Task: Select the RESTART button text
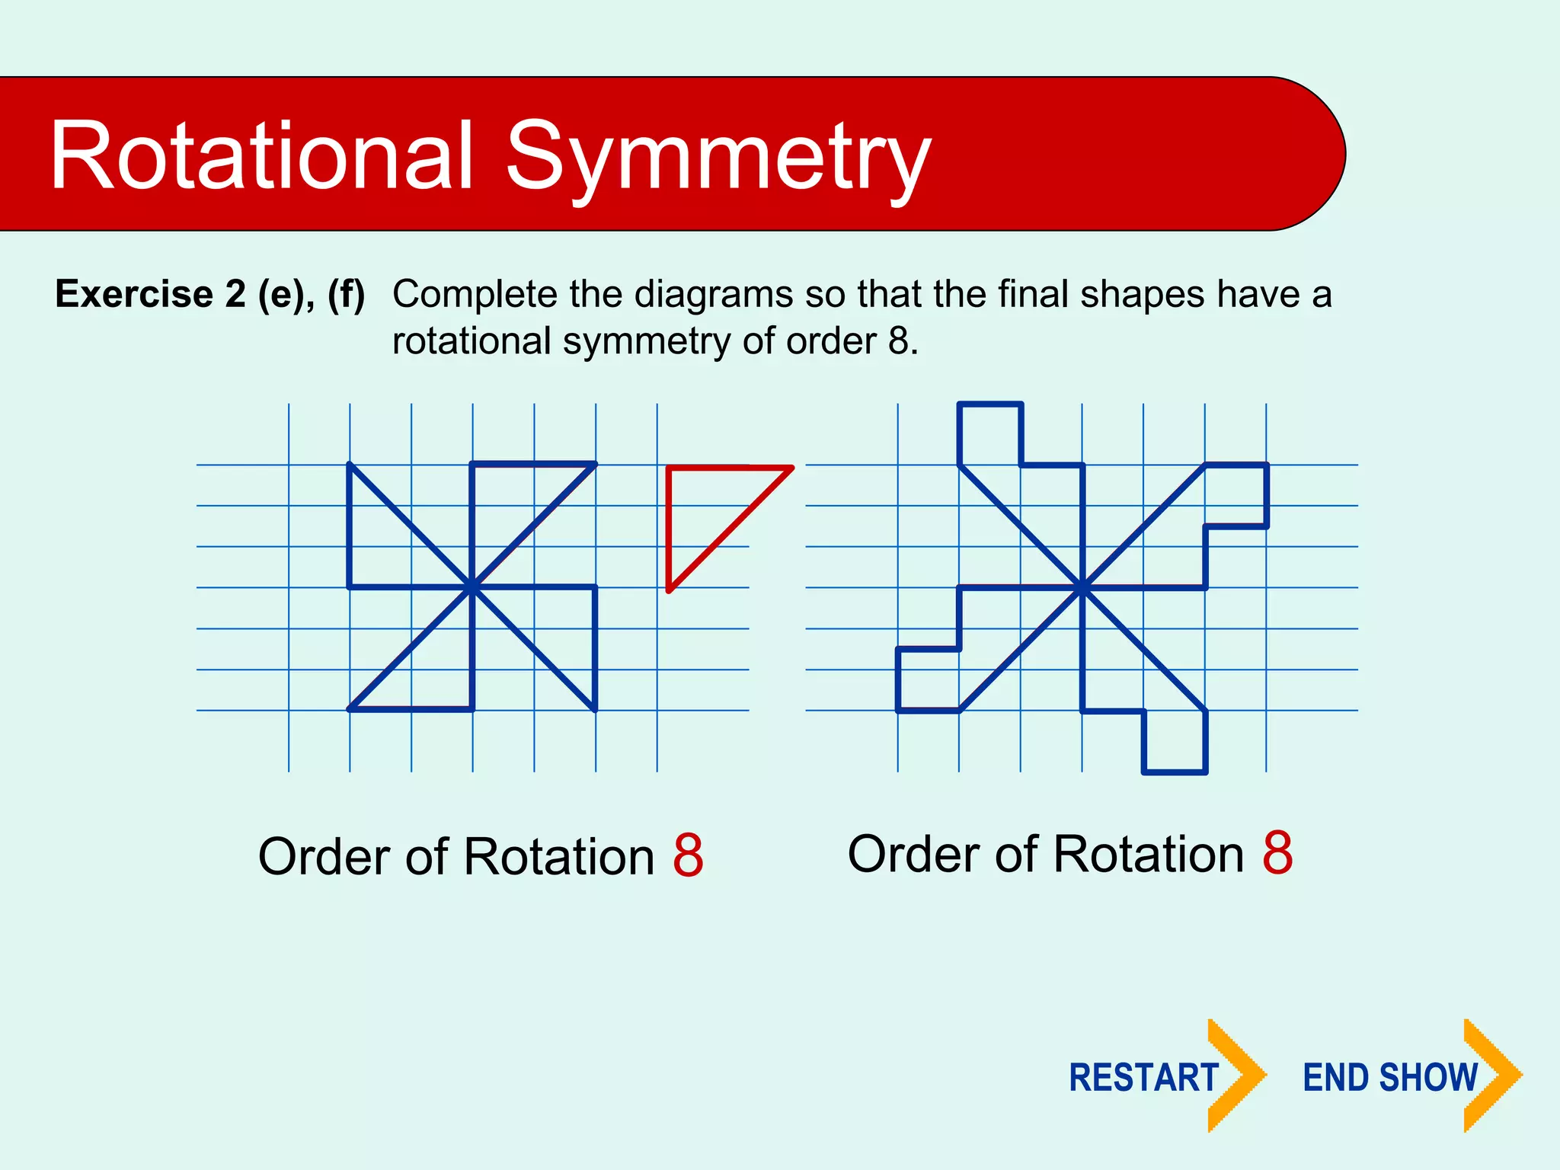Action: click(x=1143, y=1078)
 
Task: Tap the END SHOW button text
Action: click(x=1390, y=1078)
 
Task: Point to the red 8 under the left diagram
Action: click(x=688, y=855)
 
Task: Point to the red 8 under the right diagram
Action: click(x=1277, y=853)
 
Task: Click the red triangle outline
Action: click(x=669, y=526)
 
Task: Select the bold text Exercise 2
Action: click(x=150, y=294)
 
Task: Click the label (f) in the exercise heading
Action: click(x=346, y=294)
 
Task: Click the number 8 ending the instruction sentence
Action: click(x=898, y=340)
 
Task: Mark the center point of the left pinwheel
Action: click(x=472, y=587)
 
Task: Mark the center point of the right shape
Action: click(x=1082, y=587)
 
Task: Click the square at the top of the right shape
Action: click(x=990, y=433)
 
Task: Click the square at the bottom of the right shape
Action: click(x=1175, y=741)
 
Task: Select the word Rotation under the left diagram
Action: click(x=558, y=857)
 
